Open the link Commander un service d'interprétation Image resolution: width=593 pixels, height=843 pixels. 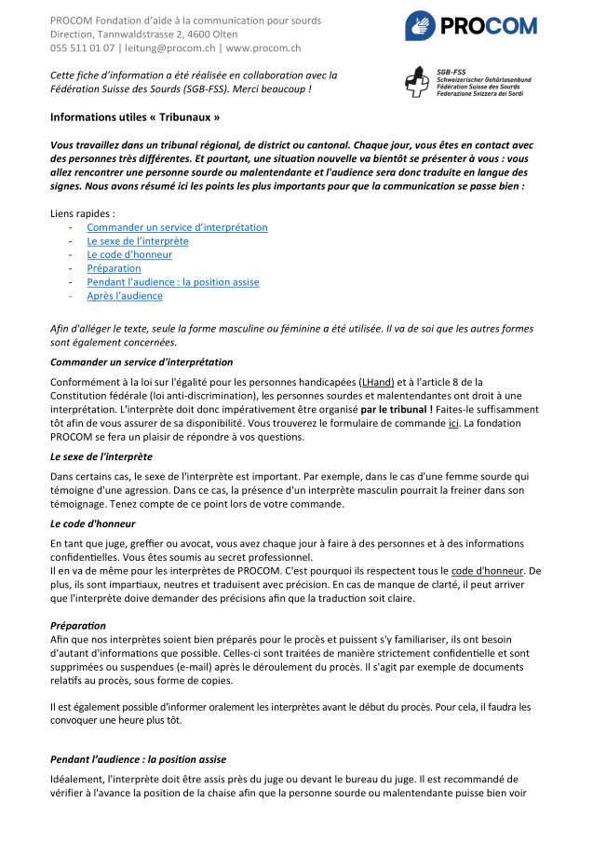177,227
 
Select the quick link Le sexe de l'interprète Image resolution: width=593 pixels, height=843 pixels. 137,241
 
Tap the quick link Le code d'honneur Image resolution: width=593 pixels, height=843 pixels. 128,255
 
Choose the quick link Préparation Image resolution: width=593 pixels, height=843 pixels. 114,268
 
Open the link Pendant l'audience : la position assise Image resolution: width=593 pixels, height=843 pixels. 172,282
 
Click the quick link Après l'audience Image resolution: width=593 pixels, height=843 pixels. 125,296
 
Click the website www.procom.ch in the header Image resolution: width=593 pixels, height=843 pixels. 263,48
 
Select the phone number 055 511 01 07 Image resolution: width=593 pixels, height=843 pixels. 83,48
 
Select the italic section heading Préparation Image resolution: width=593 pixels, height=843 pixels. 78,625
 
